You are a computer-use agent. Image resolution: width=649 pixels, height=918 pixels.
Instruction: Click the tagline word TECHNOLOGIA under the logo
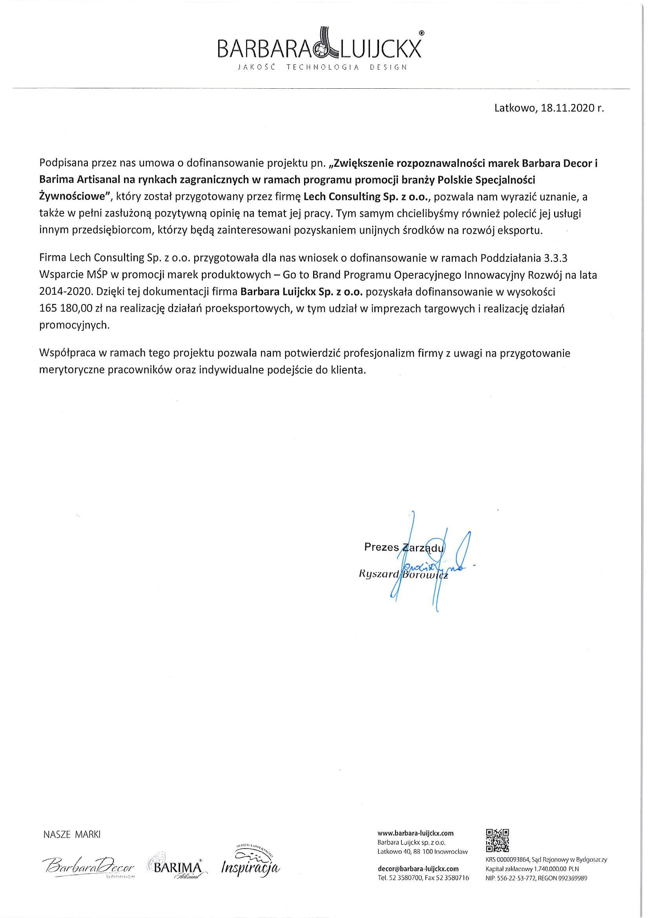[x=323, y=67]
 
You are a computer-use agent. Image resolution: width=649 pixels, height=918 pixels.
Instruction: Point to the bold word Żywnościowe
[x=74, y=197]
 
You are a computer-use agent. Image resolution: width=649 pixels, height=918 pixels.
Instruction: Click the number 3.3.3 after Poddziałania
[x=556, y=258]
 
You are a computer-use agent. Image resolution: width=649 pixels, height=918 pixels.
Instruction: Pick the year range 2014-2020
[x=66, y=292]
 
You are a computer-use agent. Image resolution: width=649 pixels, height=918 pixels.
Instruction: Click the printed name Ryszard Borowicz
[x=404, y=575]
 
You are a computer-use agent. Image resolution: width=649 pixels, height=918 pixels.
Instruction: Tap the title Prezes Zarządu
[x=404, y=548]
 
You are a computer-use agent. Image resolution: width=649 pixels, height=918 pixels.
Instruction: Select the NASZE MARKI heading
[x=72, y=834]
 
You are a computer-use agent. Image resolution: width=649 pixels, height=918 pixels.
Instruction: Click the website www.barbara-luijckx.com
[x=416, y=833]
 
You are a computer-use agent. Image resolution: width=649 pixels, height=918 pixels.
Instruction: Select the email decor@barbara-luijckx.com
[x=418, y=869]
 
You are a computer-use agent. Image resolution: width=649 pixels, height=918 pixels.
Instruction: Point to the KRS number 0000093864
[x=513, y=860]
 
